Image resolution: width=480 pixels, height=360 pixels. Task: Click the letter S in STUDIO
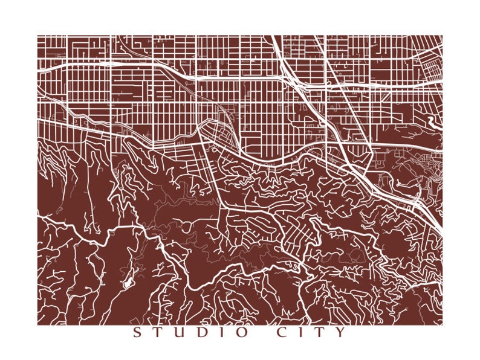pyautogui.click(x=136, y=333)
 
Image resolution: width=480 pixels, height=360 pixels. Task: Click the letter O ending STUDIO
pyautogui.click(x=241, y=333)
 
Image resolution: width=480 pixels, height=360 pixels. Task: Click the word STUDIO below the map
pyautogui.click(x=189, y=333)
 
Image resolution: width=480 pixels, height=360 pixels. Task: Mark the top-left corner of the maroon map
pyautogui.click(x=37, y=36)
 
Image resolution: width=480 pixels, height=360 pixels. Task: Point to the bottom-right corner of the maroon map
pyautogui.click(x=442, y=324)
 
